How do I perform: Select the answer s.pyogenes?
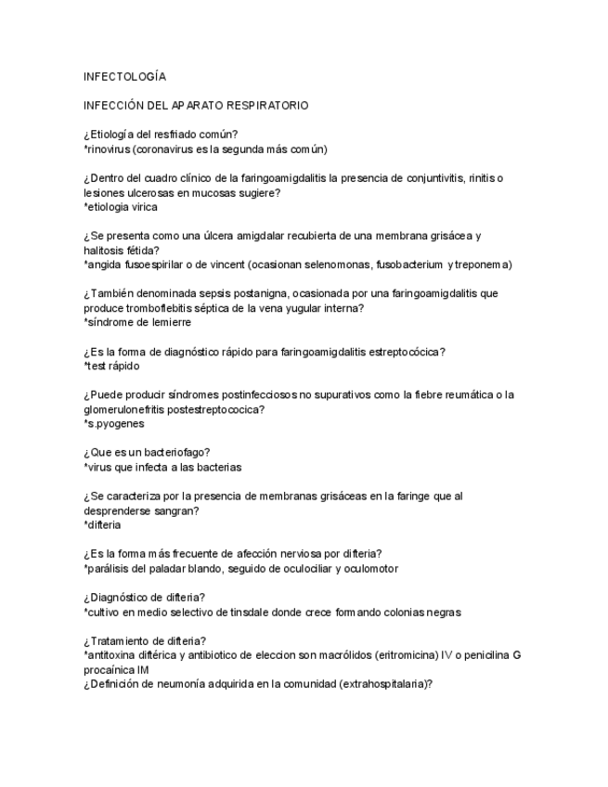113,424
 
